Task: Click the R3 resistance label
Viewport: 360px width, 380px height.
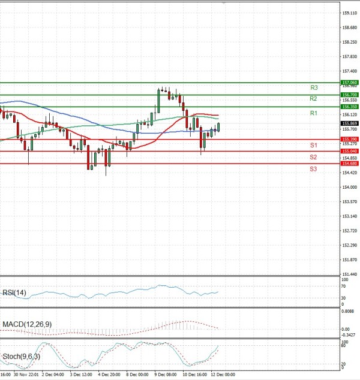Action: (314, 88)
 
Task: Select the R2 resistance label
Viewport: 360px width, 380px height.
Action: (313, 98)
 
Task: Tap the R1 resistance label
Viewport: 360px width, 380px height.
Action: (313, 113)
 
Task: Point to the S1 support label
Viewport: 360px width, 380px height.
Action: (313, 146)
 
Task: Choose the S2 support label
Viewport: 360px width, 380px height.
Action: (313, 157)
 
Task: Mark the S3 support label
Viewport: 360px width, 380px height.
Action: (313, 169)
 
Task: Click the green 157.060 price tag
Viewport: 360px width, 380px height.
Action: (349, 82)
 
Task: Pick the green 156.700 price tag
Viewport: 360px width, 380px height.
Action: (349, 95)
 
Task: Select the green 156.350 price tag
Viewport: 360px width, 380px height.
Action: (349, 106)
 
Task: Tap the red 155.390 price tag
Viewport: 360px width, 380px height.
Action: (349, 139)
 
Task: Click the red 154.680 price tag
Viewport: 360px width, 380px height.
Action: (349, 163)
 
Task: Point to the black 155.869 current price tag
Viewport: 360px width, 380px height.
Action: (349, 123)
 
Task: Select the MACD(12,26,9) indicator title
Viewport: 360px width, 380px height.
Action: (26, 324)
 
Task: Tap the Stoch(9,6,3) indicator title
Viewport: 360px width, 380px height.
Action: (21, 357)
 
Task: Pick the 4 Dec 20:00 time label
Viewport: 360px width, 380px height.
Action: (109, 375)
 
